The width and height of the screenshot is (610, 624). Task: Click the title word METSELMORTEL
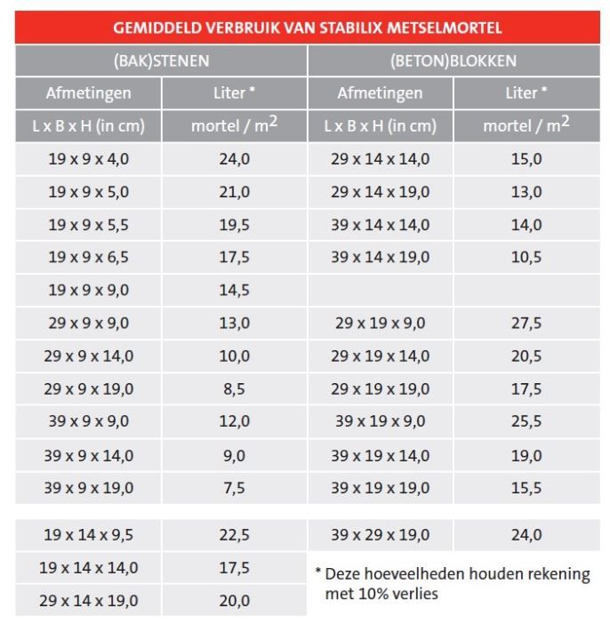point(450,28)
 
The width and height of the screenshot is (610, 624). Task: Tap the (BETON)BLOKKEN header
point(453,60)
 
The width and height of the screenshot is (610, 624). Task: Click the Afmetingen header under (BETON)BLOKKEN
point(380,92)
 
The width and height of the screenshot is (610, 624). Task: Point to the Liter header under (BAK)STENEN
point(234,92)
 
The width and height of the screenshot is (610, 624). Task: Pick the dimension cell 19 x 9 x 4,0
point(88,159)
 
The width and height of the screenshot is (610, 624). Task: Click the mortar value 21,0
point(234,192)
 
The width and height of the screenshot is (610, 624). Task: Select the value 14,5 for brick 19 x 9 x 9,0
point(234,290)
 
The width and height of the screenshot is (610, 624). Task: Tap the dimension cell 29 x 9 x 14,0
point(88,356)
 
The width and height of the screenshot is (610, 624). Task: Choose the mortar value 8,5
point(234,388)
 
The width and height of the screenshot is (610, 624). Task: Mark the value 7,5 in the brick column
point(234,487)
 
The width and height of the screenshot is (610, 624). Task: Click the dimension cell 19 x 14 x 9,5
point(88,535)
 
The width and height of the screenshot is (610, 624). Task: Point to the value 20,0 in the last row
point(234,601)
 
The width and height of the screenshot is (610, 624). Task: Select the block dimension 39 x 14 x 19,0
point(380,257)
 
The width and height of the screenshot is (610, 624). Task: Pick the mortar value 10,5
point(526,257)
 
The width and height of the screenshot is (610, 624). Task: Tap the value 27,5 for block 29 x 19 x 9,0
point(526,323)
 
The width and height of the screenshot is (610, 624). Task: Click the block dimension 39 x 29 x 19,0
point(380,535)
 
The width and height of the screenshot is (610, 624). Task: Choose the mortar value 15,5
point(526,487)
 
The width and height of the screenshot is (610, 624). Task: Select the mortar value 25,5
point(526,421)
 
